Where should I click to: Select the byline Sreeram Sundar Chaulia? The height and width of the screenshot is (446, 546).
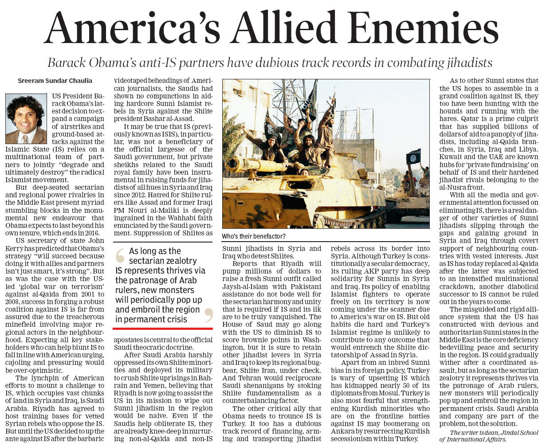point(55,81)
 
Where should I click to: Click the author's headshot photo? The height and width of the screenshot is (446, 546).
point(26,118)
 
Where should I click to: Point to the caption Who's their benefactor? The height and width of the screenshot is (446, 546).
point(254,236)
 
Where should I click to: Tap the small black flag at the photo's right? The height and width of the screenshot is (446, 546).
point(413,157)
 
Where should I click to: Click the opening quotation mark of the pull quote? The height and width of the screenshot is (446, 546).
point(120,257)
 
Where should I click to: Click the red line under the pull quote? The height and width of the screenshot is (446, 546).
point(163,329)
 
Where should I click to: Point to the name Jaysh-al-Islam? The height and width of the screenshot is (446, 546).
point(244,287)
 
